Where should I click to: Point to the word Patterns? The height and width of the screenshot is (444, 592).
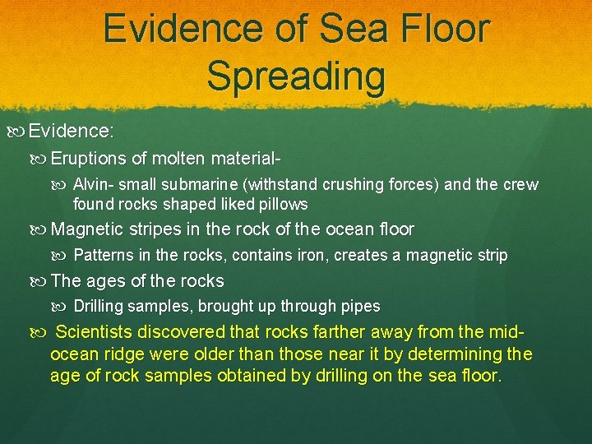[x=100, y=256]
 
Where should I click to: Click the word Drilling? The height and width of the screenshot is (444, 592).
[x=99, y=307]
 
